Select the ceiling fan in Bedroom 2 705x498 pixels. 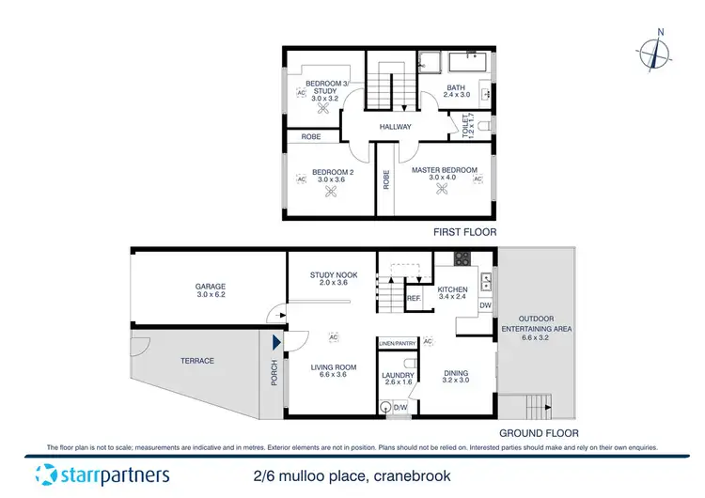click(331, 193)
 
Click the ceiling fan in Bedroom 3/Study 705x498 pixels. click(325, 107)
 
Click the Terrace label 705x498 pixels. click(197, 360)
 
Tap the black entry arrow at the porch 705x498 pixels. click(275, 344)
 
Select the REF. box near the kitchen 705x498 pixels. click(413, 299)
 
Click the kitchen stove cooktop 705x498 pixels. click(462, 258)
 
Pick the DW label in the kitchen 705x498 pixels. click(485, 305)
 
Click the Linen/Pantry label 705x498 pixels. click(397, 343)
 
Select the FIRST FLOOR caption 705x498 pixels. click(464, 231)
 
